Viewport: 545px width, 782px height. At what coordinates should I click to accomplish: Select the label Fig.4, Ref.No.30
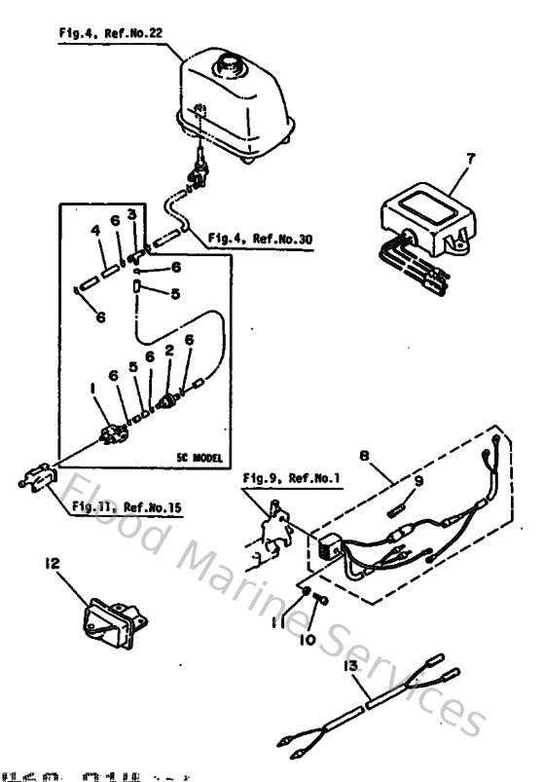coord(260,240)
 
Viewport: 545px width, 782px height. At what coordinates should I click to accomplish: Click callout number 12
coord(52,562)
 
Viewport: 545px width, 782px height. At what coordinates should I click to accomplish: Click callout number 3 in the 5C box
coord(132,214)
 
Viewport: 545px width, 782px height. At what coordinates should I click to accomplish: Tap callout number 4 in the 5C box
coord(95,231)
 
